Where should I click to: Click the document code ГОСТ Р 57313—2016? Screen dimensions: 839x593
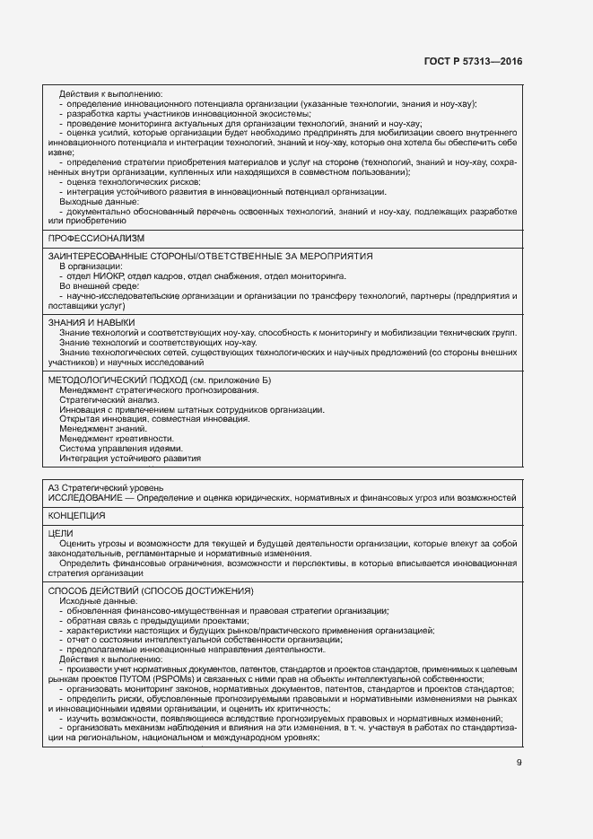coord(472,62)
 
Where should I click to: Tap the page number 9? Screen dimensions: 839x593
coord(519,763)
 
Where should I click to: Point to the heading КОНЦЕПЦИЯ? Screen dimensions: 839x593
coord(77,516)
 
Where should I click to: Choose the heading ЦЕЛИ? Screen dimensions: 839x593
coord(60,533)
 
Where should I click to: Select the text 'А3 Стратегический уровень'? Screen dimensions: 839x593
coord(106,487)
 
